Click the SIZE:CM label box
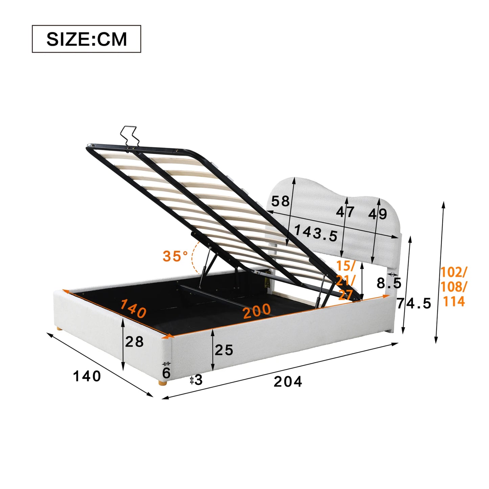86,39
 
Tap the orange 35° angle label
175,256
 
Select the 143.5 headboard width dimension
316,233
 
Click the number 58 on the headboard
281,201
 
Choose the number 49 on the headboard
378,214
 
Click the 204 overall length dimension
288,381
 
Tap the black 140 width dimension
87,376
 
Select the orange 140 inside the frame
133,308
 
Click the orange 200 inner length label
257,311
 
